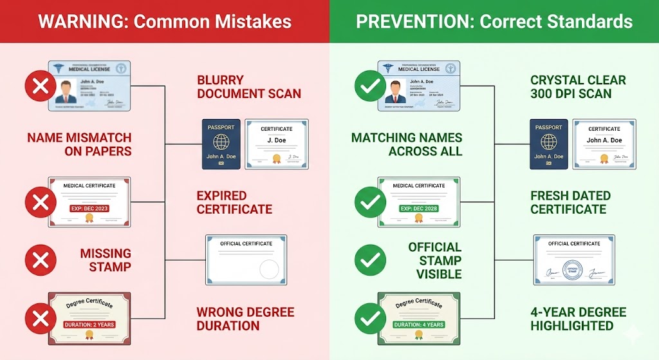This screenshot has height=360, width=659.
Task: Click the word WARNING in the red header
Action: click(80, 21)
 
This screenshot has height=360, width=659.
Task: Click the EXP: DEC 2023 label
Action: click(89, 209)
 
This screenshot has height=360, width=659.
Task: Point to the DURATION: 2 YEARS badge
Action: click(89, 324)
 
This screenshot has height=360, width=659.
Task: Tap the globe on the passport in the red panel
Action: click(221, 142)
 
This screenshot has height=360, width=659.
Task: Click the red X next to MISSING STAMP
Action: click(40, 260)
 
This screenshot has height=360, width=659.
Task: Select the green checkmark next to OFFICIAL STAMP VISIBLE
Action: click(371, 260)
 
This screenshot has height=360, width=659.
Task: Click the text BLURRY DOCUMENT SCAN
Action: click(248, 87)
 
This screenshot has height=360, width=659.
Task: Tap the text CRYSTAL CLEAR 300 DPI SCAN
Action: click(579, 87)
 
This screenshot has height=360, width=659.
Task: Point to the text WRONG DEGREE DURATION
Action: click(245, 319)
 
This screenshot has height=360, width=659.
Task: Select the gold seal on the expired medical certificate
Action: click(89, 218)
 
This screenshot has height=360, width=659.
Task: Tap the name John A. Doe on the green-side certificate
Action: click(604, 140)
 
